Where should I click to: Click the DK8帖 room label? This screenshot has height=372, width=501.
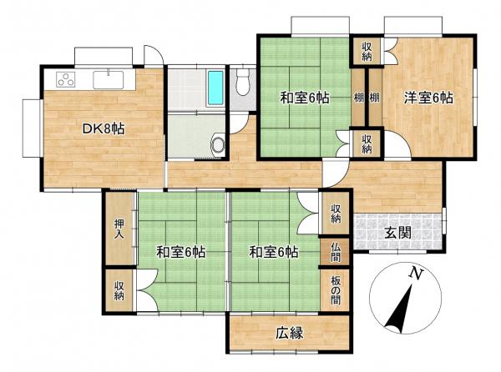tap(104, 129)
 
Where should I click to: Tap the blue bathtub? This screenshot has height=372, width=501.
tap(215, 88)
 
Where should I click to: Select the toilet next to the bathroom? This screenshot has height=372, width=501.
tap(243, 83)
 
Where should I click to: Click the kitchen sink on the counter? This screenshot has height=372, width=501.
tap(109, 80)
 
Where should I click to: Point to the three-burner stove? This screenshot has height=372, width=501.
tap(66, 79)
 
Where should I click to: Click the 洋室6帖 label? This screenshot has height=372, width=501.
tap(428, 98)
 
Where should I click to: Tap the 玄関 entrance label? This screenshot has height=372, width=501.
tap(397, 234)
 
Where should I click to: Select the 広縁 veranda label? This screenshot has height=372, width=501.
tap(290, 334)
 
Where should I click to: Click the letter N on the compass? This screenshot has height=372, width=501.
tap(417, 274)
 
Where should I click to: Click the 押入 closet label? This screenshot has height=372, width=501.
tap(119, 229)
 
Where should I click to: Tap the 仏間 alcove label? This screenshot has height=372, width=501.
tap(335, 252)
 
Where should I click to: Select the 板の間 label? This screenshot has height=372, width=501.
tap(335, 290)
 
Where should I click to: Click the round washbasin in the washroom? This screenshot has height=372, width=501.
tap(219, 143)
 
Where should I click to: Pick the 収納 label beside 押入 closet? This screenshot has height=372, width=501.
tap(119, 290)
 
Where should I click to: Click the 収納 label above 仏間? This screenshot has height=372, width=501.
tap(335, 214)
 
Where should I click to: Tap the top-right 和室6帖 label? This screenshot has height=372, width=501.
tap(305, 98)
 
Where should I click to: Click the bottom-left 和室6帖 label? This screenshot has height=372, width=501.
tap(181, 253)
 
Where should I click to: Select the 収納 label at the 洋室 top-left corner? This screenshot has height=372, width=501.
tap(367, 52)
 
